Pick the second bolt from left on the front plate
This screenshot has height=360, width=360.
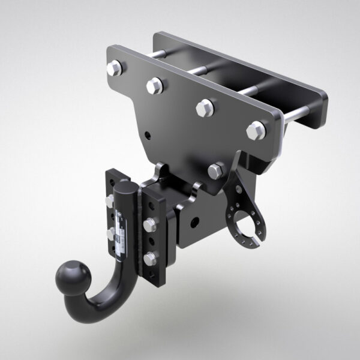(154, 86)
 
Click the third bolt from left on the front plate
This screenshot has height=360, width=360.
(205, 108)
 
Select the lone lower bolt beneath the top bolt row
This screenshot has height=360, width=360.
(217, 170)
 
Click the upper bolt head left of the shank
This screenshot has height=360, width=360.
(110, 200)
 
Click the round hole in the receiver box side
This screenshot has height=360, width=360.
(194, 223)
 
